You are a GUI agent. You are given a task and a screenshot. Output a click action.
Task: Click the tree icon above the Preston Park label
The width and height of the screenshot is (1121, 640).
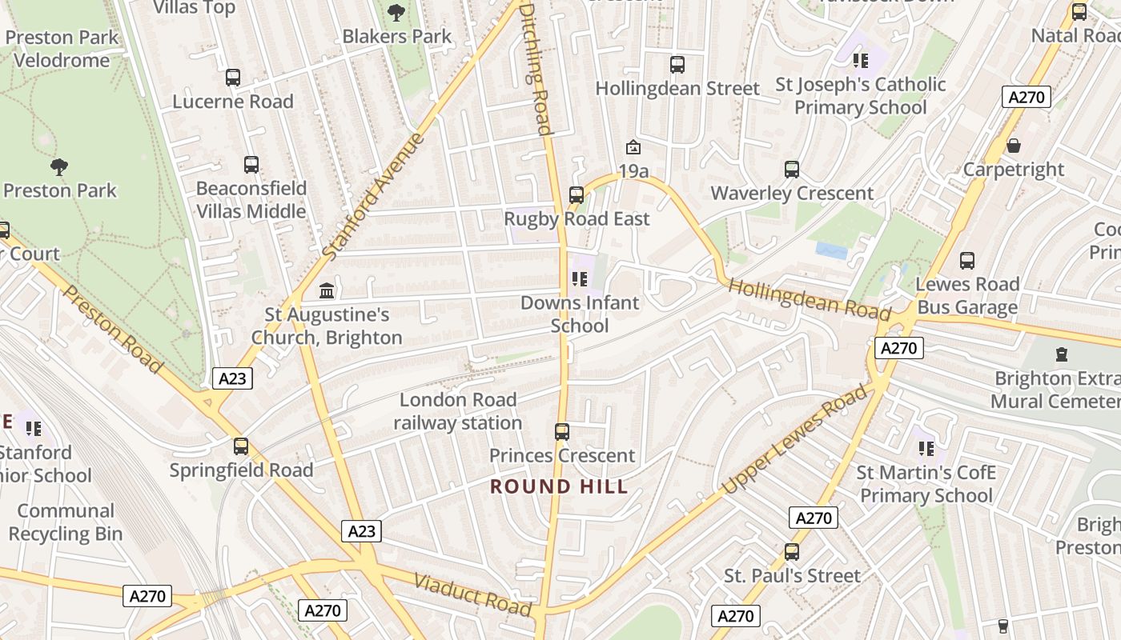coord(58,167)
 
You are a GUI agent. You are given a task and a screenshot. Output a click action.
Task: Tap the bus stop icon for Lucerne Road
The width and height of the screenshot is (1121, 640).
coord(233,78)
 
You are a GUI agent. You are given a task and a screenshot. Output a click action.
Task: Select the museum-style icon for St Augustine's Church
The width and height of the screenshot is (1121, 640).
coord(327,290)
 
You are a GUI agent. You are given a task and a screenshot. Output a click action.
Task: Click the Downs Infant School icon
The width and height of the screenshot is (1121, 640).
coord(580,279)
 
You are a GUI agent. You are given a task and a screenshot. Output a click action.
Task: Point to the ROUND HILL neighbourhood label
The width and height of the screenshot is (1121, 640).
coord(559,486)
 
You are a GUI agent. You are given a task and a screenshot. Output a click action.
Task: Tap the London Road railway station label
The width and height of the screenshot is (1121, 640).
coord(458,411)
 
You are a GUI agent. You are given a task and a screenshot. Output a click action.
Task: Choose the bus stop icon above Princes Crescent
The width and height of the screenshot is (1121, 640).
coord(562,432)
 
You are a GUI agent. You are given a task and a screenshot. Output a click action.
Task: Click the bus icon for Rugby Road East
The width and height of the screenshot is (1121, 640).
coord(576,194)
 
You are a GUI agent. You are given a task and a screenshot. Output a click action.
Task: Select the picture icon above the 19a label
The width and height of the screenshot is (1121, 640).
coord(633,147)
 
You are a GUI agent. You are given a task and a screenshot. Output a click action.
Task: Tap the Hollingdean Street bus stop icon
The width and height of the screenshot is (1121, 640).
coord(677,64)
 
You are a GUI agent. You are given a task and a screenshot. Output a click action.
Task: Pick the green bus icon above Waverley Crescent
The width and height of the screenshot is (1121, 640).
coord(792,169)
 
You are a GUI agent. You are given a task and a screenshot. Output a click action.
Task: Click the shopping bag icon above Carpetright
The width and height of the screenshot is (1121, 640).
coord(1014,146)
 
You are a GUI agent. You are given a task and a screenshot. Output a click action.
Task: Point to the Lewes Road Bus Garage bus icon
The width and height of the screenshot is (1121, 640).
coord(967,260)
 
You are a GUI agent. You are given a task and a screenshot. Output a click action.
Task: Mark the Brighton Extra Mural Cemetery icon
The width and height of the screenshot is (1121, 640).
coord(1062,354)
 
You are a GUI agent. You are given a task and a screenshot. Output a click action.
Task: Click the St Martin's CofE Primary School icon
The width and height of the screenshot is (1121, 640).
coord(926,448)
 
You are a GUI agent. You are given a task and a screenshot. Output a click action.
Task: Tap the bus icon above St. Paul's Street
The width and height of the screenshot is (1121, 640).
coord(792,551)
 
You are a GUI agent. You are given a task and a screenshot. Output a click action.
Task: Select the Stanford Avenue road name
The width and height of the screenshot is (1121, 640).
coord(373,196)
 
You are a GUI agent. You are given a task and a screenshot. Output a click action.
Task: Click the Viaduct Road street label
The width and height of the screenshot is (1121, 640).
coord(472,595)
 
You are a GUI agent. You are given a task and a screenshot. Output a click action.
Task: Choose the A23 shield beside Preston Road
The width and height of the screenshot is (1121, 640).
coord(232,378)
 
